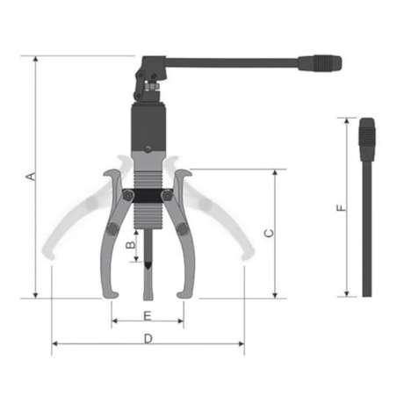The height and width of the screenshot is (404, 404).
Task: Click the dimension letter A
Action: click(31, 177)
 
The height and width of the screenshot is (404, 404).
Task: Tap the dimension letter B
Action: click(131, 249)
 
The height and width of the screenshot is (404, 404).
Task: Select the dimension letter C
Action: click(269, 233)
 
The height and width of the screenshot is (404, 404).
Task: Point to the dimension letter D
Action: click(148, 337)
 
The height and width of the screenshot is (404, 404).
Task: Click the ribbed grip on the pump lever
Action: click(319, 63)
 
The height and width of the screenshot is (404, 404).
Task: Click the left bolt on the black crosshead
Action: click(127, 196)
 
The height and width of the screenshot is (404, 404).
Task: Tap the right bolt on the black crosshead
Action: click(168, 196)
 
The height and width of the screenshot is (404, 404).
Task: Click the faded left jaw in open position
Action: click(66, 228)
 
